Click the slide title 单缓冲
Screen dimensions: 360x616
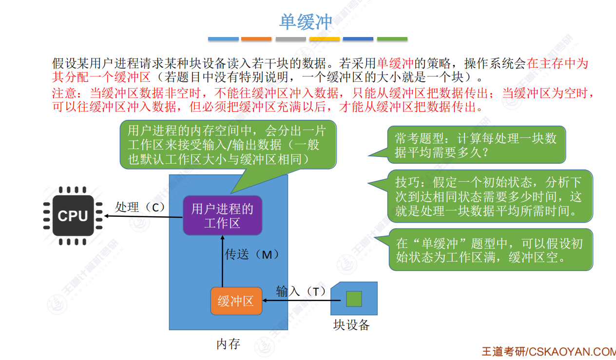[x=306, y=22]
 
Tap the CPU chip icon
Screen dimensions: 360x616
[x=73, y=215]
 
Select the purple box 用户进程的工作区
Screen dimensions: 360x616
[x=222, y=216]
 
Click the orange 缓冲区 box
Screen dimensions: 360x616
[x=236, y=301]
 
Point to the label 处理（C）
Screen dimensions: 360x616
[x=140, y=207]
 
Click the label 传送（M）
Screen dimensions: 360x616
[x=251, y=254]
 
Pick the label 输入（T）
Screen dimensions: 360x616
[x=300, y=291]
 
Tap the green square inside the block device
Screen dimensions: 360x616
[x=354, y=299]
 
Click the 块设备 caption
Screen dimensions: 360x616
[x=351, y=325]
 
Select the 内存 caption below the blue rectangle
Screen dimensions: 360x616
[x=228, y=344]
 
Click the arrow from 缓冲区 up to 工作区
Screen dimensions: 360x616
[x=222, y=261]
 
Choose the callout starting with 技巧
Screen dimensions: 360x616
[x=489, y=196]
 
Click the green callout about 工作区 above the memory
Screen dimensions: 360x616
[x=227, y=145]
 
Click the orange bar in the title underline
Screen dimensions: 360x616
[x=256, y=39]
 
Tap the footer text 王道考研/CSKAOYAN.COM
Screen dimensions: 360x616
[x=548, y=352]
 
